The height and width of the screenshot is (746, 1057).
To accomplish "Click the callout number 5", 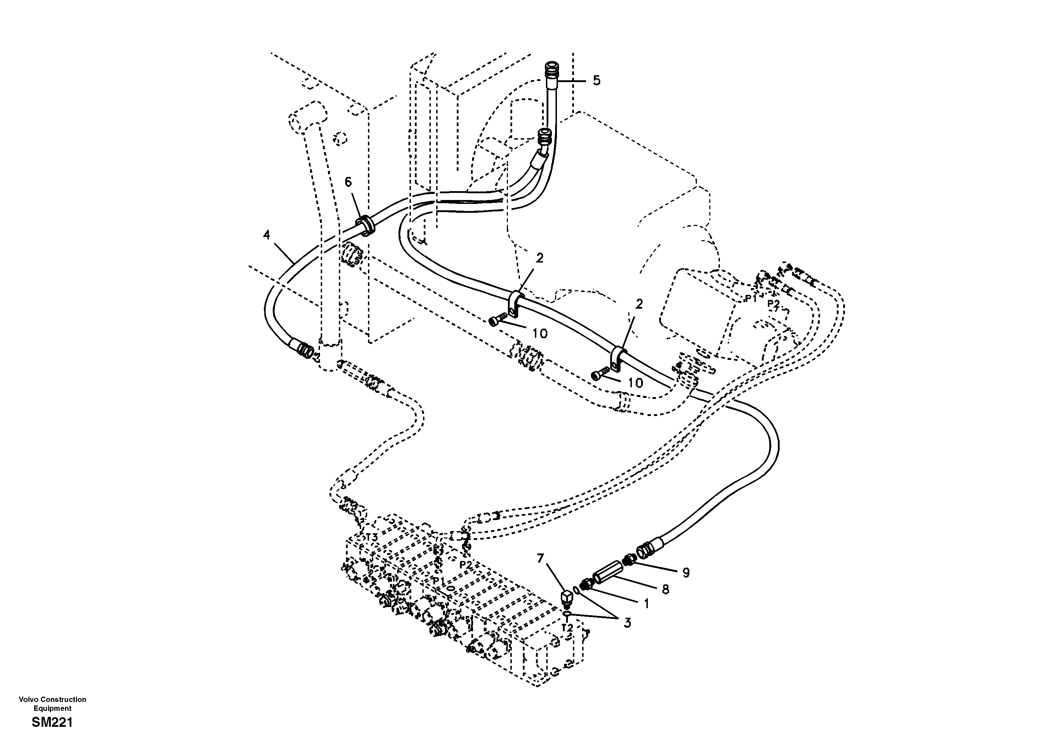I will click(596, 81).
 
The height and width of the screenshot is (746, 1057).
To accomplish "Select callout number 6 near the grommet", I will click(348, 182).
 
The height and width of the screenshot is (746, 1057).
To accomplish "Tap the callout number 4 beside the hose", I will click(266, 235).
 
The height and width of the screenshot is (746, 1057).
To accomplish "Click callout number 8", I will click(665, 589).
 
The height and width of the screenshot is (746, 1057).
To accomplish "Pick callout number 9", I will click(685, 573).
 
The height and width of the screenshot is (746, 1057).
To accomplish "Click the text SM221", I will click(53, 723).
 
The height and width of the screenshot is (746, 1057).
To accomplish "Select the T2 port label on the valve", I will click(567, 628).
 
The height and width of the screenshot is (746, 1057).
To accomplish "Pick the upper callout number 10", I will click(540, 334).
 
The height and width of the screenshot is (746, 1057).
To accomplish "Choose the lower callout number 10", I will click(635, 383).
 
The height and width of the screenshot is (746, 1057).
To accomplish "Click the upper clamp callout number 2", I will click(539, 258).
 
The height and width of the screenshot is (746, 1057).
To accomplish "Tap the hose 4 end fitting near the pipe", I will click(304, 350).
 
